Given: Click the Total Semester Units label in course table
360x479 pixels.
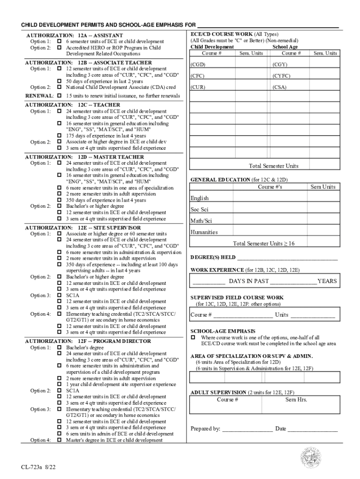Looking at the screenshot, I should (x=274, y=166).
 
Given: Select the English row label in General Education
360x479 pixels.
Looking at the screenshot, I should (x=200, y=198).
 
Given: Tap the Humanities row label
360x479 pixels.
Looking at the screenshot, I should (x=204, y=232).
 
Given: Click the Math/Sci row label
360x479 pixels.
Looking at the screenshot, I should (x=201, y=221).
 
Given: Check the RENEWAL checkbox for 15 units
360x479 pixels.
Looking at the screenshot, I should (x=59, y=96).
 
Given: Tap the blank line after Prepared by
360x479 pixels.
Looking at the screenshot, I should (x=247, y=429).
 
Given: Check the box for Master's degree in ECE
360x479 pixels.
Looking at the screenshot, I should (x=59, y=440).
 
